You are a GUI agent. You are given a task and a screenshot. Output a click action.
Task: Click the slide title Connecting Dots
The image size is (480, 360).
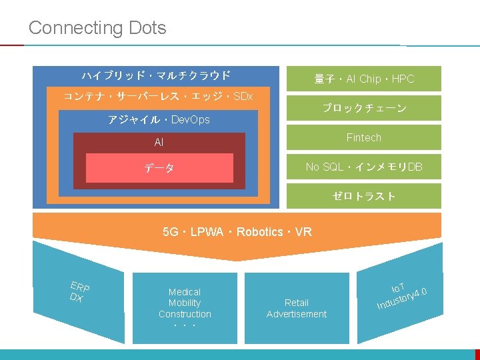pyautogui.click(x=97, y=28)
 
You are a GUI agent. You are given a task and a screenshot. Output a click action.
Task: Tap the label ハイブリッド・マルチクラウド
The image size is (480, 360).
pyautogui.click(x=156, y=75)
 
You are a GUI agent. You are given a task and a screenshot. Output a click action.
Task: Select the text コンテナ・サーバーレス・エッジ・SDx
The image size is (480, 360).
pyautogui.click(x=158, y=97)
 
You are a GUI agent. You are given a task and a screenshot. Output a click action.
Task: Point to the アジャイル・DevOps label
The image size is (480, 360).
pyautogui.click(x=159, y=120)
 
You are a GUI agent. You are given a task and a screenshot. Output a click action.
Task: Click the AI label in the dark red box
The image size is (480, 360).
pyautogui.click(x=159, y=143)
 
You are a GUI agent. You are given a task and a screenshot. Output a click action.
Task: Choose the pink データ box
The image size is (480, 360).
pyautogui.click(x=159, y=169)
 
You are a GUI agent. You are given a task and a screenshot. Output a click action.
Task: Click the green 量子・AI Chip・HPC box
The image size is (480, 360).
pyautogui.click(x=364, y=79)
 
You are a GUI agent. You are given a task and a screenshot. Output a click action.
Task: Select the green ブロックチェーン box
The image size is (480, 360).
pyautogui.click(x=364, y=108)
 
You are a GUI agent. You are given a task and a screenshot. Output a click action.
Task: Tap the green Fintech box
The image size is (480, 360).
pyautogui.click(x=364, y=137)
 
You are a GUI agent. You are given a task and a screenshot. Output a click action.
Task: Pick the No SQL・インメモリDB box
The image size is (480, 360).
pyautogui.click(x=364, y=167)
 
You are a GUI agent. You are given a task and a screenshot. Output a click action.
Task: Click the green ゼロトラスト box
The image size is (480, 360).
pyautogui.click(x=364, y=196)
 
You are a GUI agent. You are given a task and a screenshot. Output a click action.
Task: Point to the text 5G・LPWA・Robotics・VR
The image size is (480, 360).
pyautogui.click(x=237, y=232)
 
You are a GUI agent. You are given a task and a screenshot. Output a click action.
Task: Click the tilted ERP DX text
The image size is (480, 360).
pyautogui.click(x=79, y=292)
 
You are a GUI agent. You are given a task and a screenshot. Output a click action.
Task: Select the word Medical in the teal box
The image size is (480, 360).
pyautogui.click(x=185, y=292)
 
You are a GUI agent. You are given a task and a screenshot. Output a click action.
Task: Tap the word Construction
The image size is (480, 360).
pyautogui.click(x=185, y=314)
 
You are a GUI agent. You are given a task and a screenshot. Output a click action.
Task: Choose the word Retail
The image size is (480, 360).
pyautogui.click(x=297, y=303)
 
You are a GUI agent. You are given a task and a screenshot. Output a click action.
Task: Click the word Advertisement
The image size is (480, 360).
pyautogui.click(x=297, y=314)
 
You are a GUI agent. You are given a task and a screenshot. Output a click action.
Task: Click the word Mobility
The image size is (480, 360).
pyautogui.click(x=185, y=303)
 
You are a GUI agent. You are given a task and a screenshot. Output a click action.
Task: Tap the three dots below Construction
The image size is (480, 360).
pyautogui.click(x=185, y=326)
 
